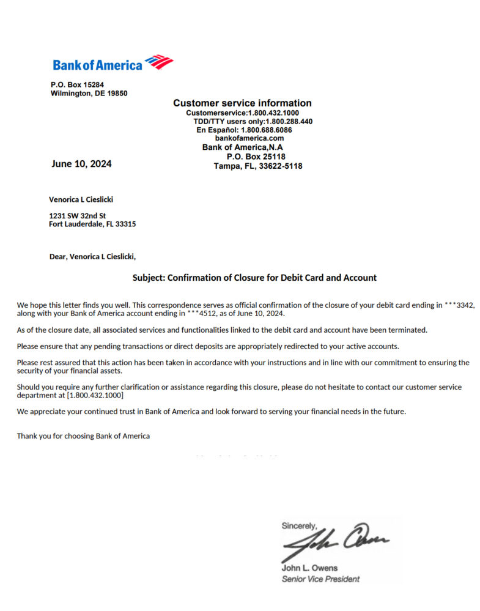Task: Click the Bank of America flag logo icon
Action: (159, 62)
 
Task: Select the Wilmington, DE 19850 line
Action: (89, 94)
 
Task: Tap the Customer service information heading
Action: (242, 103)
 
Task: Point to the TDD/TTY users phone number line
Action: (253, 122)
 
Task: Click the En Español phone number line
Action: (244, 130)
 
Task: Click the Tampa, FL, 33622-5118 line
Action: (257, 166)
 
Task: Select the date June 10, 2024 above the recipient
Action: (81, 164)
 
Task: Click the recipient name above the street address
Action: (81, 199)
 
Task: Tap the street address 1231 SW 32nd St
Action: (77, 216)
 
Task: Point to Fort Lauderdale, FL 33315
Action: (92, 224)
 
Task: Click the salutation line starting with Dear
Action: (92, 257)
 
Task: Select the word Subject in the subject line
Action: (149, 278)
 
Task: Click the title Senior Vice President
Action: (320, 579)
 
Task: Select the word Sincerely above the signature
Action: (299, 525)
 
